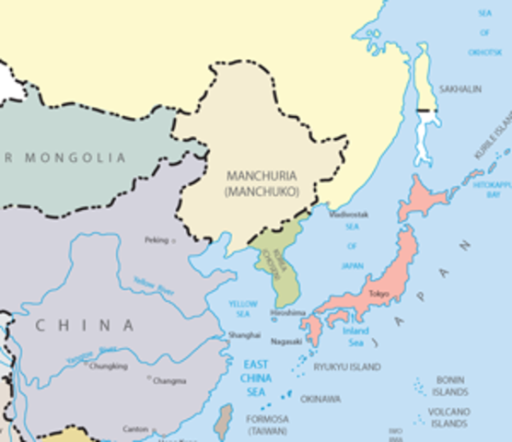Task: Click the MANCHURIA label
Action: pyautogui.click(x=262, y=174)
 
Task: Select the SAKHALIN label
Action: pyautogui.click(x=461, y=89)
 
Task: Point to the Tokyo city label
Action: pyautogui.click(x=378, y=294)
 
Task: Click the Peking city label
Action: pyautogui.click(x=157, y=239)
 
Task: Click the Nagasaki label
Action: pyautogui.click(x=286, y=341)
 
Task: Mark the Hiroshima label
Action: pyautogui.click(x=288, y=313)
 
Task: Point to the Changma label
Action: pyautogui.click(x=169, y=380)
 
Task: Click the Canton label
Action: pyautogui.click(x=135, y=428)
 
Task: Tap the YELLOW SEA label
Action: pyautogui.click(x=243, y=308)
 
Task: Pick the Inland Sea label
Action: pyautogui.click(x=355, y=336)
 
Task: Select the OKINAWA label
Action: pyautogui.click(x=320, y=399)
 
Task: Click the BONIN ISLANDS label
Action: pyautogui.click(x=450, y=385)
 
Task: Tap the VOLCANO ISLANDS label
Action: pyautogui.click(x=449, y=417)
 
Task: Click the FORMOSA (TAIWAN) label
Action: pyautogui.click(x=267, y=425)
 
